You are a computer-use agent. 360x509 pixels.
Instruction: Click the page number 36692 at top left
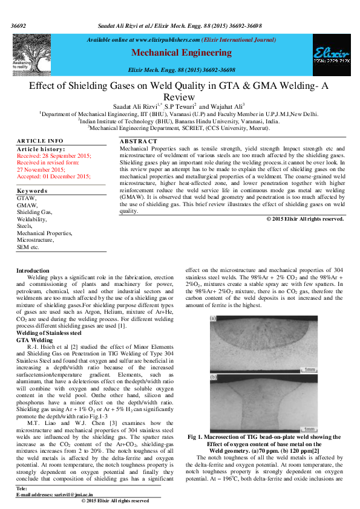[19, 27]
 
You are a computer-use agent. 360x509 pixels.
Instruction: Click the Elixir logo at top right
[330, 54]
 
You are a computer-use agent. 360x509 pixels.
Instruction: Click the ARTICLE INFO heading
[40, 141]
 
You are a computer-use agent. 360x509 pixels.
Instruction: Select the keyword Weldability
[31, 219]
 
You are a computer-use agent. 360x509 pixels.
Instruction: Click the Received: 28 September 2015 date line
[54, 156]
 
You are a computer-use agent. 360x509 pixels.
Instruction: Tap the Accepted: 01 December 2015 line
[53, 176]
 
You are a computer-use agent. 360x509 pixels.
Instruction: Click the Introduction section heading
[33, 270]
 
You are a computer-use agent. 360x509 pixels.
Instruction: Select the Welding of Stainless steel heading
[48, 333]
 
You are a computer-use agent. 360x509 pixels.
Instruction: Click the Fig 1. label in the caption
[197, 437]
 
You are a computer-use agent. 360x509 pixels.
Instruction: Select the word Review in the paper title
[180, 97]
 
